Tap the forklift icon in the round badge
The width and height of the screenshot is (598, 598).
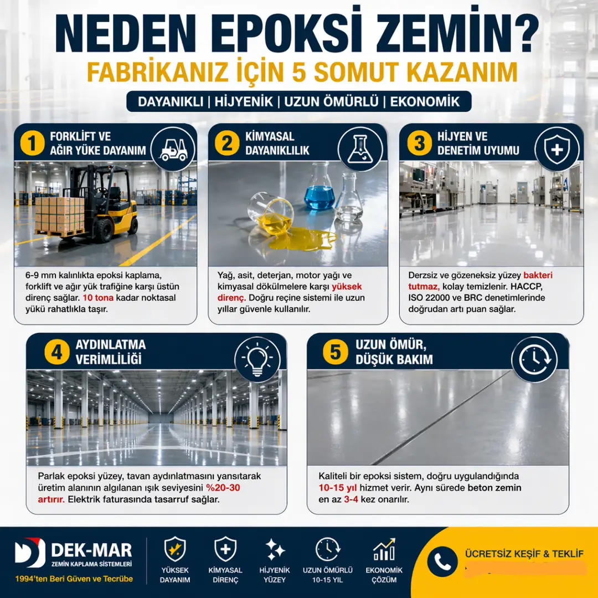click(173, 147)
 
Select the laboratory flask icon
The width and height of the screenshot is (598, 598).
click(360, 147)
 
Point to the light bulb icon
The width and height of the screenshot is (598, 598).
click(257, 359)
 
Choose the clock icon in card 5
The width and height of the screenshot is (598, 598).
click(534, 359)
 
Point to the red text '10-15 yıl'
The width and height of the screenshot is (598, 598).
click(339, 488)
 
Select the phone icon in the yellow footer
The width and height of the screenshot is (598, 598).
click(442, 561)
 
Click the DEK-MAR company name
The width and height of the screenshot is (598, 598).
click(91, 550)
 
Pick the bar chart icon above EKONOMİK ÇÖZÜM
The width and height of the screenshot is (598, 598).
click(384, 549)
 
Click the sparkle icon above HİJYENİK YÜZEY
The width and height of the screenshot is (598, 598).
click(275, 549)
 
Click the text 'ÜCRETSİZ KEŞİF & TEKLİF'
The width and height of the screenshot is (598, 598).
click(524, 553)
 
